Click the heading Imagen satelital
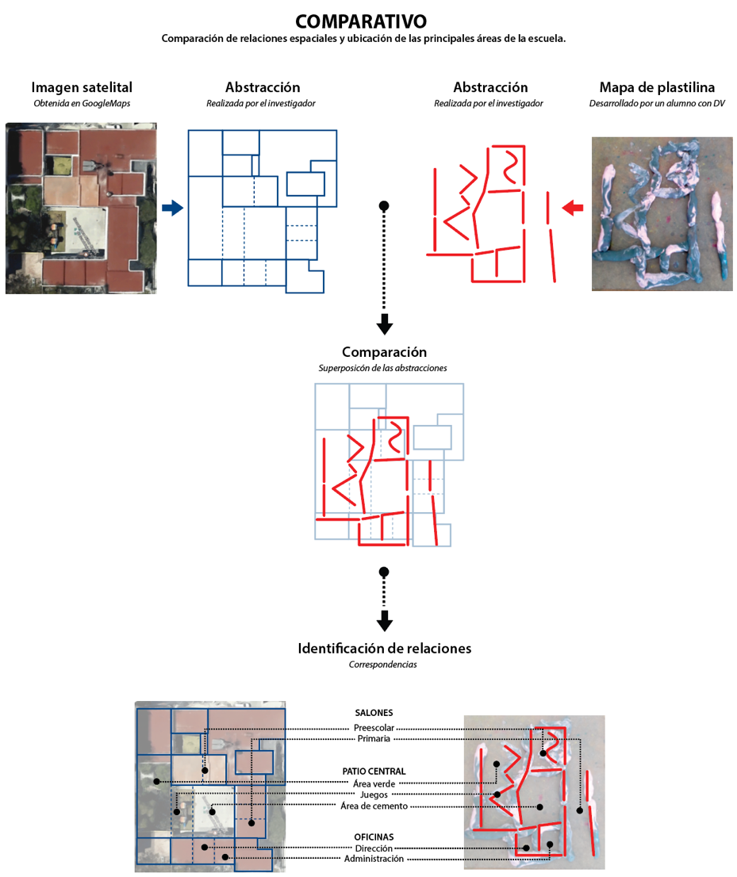(x=82, y=87)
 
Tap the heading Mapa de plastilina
(x=657, y=87)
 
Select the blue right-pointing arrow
(x=172, y=208)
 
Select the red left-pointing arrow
(x=572, y=208)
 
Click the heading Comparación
(x=384, y=352)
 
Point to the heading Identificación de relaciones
(x=384, y=648)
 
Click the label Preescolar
(x=374, y=728)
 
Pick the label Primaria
(x=374, y=739)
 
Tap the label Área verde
(x=374, y=783)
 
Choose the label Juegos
(x=374, y=795)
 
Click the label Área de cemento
(x=374, y=806)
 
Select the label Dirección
(x=374, y=848)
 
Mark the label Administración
(x=374, y=859)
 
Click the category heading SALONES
(x=374, y=713)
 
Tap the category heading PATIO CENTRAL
(x=374, y=771)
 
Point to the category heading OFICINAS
(x=374, y=837)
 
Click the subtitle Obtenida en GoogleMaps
(x=82, y=103)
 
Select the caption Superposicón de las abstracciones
(x=384, y=368)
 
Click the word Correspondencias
(x=384, y=664)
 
